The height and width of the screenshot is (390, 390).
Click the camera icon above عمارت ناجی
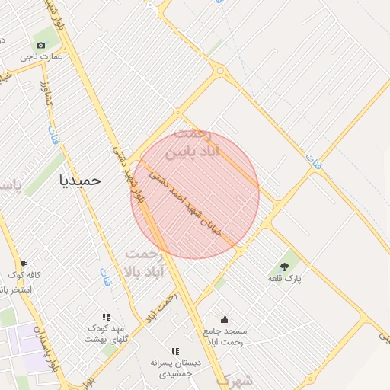[40, 46]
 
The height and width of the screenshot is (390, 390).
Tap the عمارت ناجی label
[42, 57]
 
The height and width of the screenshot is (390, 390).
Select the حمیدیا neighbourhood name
[80, 181]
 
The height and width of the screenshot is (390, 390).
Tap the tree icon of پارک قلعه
[285, 267]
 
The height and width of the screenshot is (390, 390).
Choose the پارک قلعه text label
[285, 279]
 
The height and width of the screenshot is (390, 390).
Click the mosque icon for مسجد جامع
[225, 320]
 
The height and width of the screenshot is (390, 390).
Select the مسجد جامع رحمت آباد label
[225, 337]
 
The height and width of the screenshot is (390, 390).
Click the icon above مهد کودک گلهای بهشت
[106, 317]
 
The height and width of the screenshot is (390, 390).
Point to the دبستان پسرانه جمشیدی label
[174, 369]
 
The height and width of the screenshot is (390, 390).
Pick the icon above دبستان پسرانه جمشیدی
[174, 351]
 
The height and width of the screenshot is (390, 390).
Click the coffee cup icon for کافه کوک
[24, 264]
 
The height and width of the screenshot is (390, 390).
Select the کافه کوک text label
[24, 275]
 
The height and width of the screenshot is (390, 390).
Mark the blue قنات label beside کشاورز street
[53, 137]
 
